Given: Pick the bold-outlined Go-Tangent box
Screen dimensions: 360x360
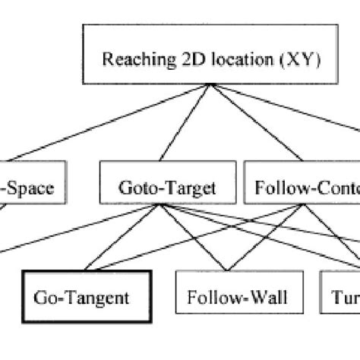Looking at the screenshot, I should coord(83,295).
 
